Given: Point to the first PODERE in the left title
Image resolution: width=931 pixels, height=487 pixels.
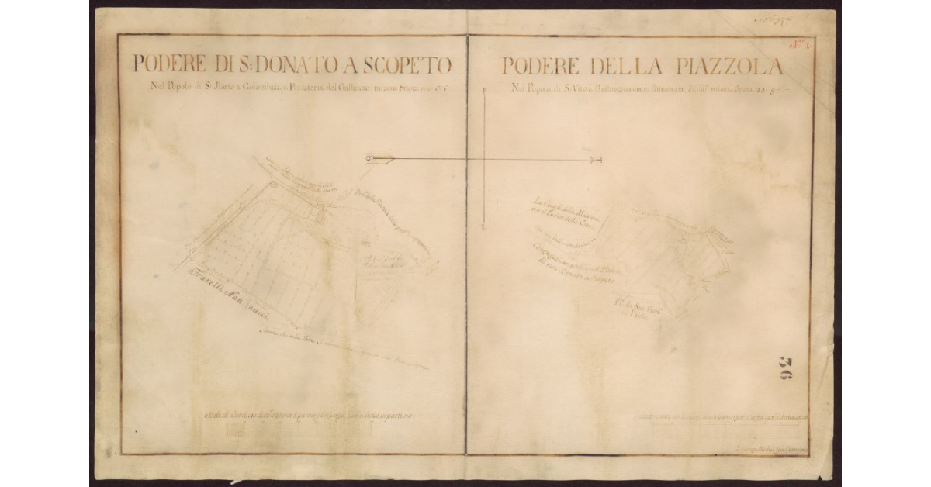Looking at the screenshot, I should tap(170, 64).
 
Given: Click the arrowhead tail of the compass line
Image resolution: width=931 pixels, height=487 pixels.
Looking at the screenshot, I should tap(380, 159).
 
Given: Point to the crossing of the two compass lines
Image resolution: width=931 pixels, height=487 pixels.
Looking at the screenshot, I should tap(483, 160).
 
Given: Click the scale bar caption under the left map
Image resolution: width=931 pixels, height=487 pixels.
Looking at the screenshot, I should tap(310, 416).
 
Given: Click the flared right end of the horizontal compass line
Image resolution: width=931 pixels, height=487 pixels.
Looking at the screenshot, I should tap(596, 160).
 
